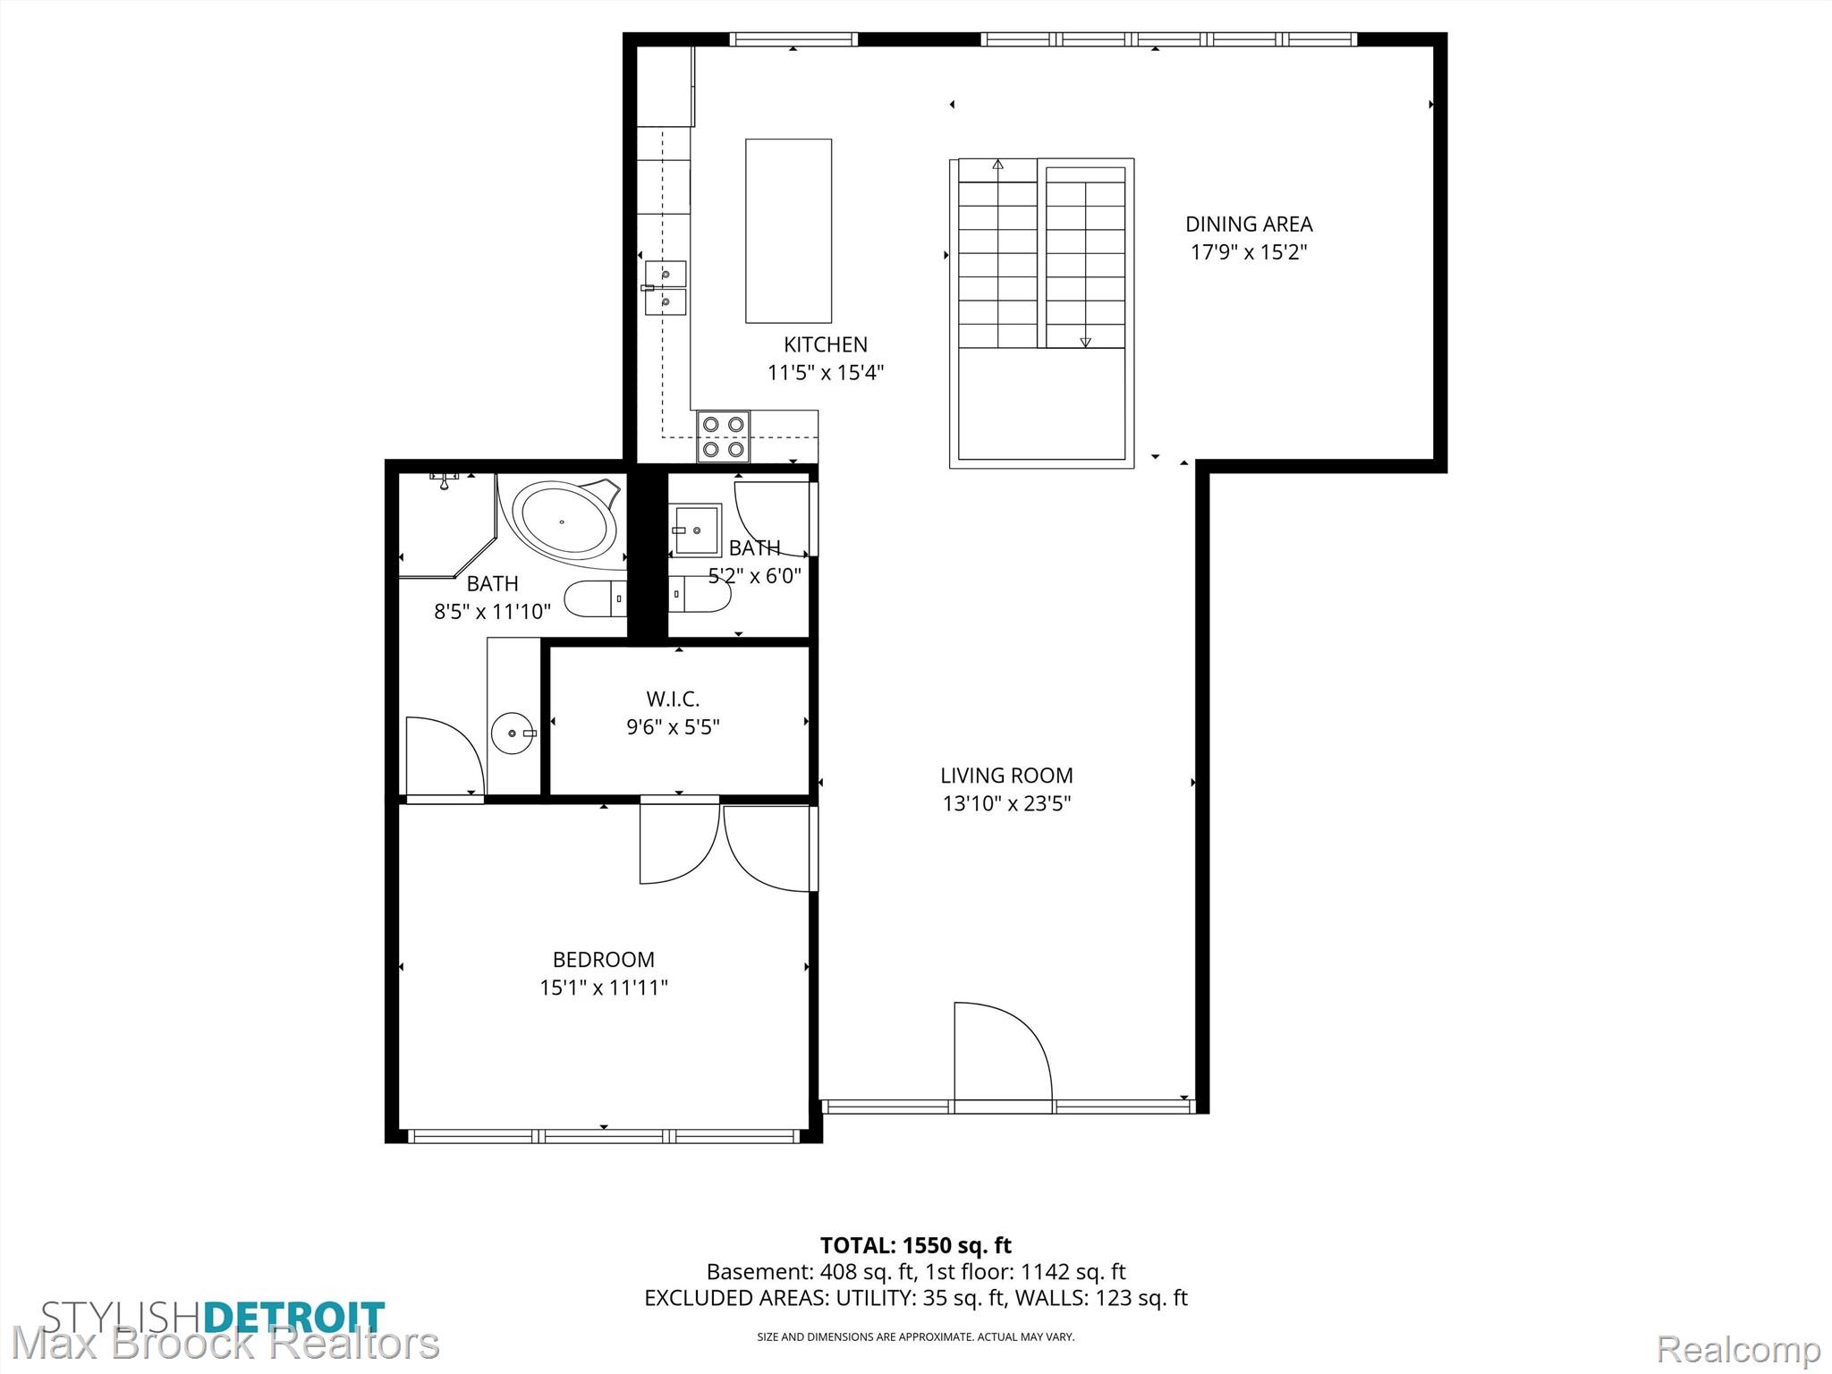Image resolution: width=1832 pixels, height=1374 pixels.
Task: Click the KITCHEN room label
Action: [x=825, y=344]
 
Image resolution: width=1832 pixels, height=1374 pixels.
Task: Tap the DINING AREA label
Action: [x=1249, y=224]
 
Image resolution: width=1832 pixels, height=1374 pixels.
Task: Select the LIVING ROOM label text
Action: [x=1006, y=776]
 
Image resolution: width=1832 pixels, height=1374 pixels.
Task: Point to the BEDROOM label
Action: [x=604, y=960]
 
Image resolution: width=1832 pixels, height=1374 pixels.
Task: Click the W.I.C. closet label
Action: [x=673, y=699]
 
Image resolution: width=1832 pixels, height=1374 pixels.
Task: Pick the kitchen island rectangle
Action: [x=789, y=231]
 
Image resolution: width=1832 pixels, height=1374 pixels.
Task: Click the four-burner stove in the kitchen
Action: [x=724, y=437]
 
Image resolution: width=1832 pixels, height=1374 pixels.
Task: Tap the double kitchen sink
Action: [x=666, y=288]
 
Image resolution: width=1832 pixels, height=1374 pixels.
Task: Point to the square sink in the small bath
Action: [x=697, y=530]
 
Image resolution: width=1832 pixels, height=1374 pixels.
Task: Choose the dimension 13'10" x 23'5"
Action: [x=1006, y=803]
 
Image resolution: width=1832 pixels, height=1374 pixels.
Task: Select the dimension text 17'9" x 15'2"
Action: [x=1249, y=251]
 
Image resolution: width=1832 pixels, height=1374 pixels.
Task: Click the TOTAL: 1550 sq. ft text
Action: [x=916, y=1245]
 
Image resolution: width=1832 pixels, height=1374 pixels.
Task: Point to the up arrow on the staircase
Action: [x=998, y=165]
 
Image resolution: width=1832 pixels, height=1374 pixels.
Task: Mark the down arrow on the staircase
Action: [x=1086, y=342]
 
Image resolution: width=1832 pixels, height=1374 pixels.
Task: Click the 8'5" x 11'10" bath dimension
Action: [x=492, y=612]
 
